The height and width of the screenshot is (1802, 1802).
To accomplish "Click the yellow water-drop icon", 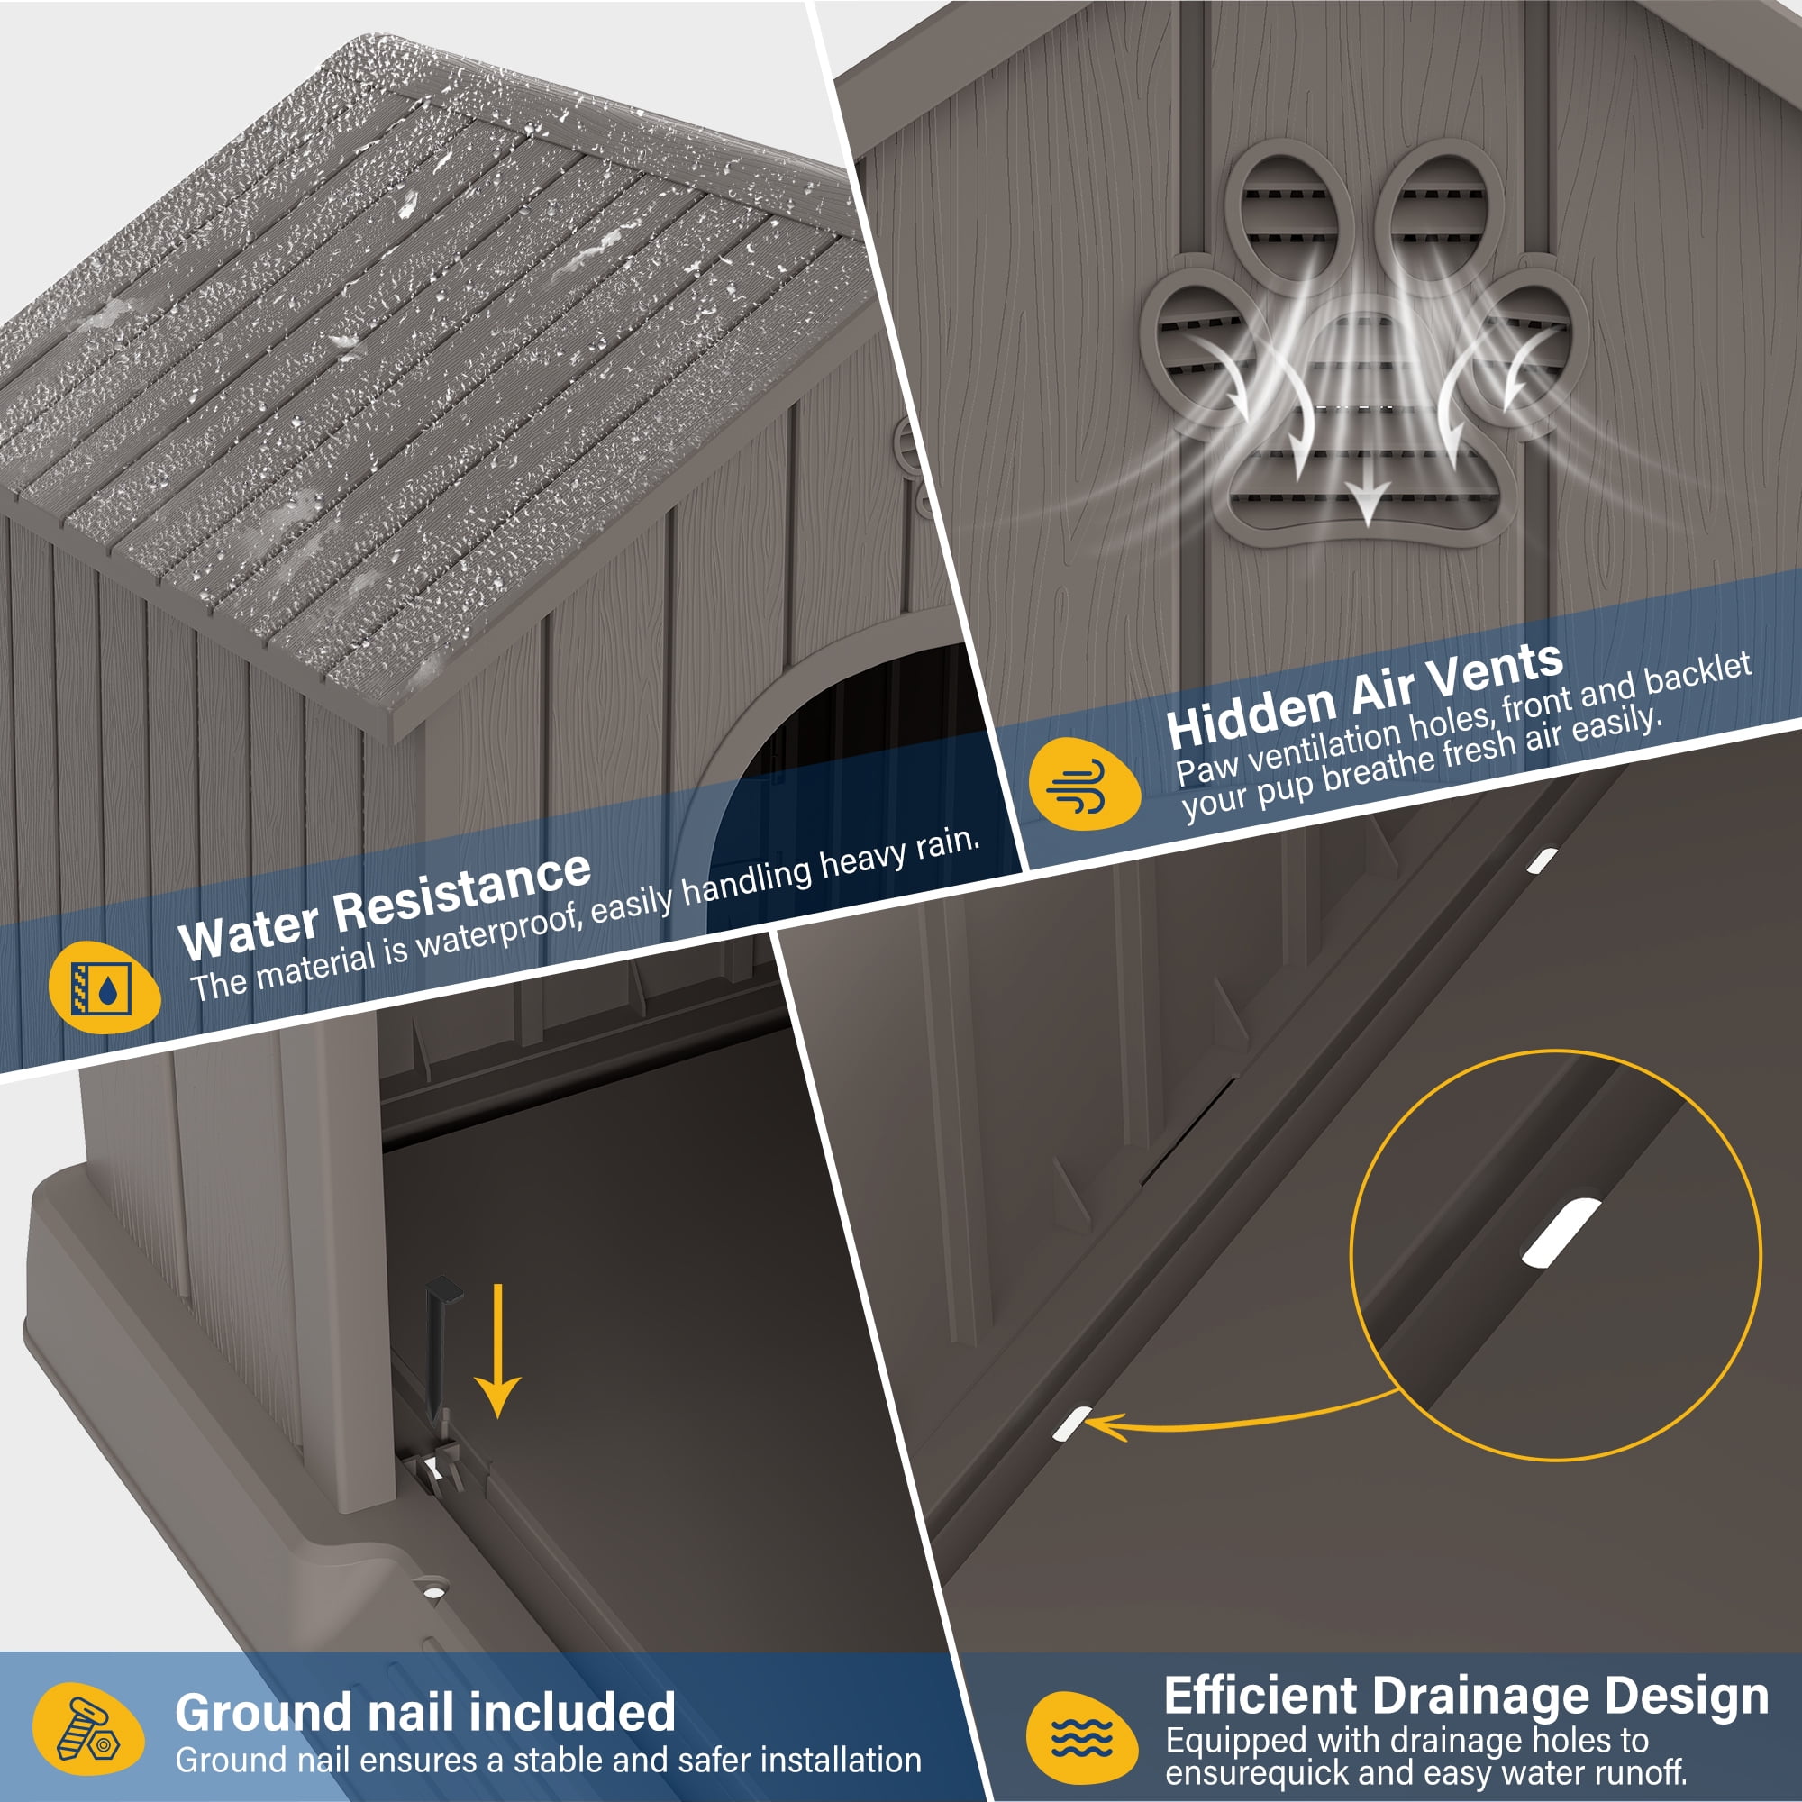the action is pos(104,988).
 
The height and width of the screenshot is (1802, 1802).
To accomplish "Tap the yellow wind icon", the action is pos(1083,784).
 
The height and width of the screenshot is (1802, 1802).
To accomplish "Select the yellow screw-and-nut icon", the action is pos(87,1729).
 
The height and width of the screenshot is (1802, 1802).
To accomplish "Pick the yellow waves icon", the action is pos(1081,1738).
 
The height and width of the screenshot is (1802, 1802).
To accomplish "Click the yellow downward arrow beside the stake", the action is pos(497,1349).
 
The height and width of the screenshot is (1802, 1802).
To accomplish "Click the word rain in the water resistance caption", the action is pos(947,843).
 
